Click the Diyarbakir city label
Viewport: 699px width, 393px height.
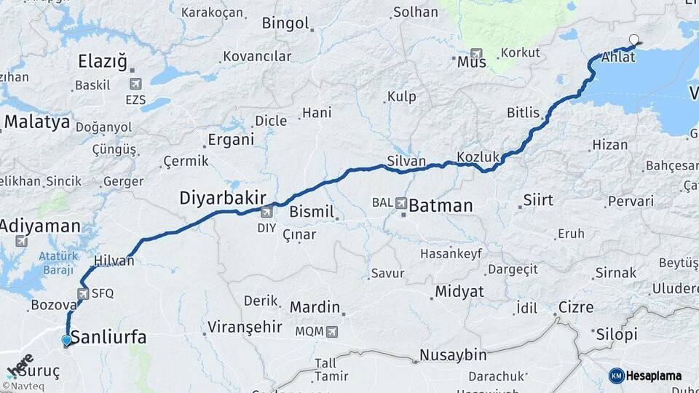[x=223, y=197]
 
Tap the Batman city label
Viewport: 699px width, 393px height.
[x=441, y=206]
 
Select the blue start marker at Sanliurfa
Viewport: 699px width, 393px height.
[x=67, y=340]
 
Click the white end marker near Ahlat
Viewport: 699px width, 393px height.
[x=634, y=41]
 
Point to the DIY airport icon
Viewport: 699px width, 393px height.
[x=266, y=212]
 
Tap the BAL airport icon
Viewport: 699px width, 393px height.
[x=401, y=204]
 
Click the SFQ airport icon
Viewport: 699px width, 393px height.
[x=82, y=293]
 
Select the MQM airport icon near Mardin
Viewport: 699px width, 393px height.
[x=333, y=332]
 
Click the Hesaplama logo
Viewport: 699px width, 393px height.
[x=645, y=376]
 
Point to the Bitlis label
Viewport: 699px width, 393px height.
[x=524, y=113]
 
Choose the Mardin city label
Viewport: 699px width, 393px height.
[x=315, y=306]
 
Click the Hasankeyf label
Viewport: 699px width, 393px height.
[x=451, y=254]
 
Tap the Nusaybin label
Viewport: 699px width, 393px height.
[x=452, y=355]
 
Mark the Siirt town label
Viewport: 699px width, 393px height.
[x=538, y=200]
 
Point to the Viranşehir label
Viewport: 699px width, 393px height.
[x=245, y=327]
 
